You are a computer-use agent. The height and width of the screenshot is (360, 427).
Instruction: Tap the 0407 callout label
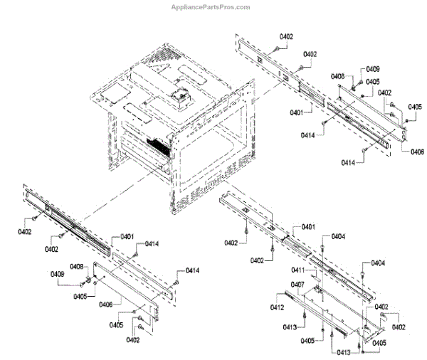297,285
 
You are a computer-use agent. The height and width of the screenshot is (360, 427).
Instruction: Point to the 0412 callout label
278,307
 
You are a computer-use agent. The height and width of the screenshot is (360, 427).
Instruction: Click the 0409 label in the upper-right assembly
373,69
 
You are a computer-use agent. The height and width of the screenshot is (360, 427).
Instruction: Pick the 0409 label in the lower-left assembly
57,275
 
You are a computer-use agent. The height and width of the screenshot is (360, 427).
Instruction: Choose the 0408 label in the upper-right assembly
339,76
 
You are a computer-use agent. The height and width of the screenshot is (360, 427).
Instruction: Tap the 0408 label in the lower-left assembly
77,267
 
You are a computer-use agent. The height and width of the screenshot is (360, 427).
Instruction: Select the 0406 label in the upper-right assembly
417,151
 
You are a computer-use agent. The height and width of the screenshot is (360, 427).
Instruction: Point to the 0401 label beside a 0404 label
308,226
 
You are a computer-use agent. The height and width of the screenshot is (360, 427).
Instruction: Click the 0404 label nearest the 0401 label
338,236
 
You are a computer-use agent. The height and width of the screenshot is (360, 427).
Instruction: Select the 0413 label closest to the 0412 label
289,327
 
